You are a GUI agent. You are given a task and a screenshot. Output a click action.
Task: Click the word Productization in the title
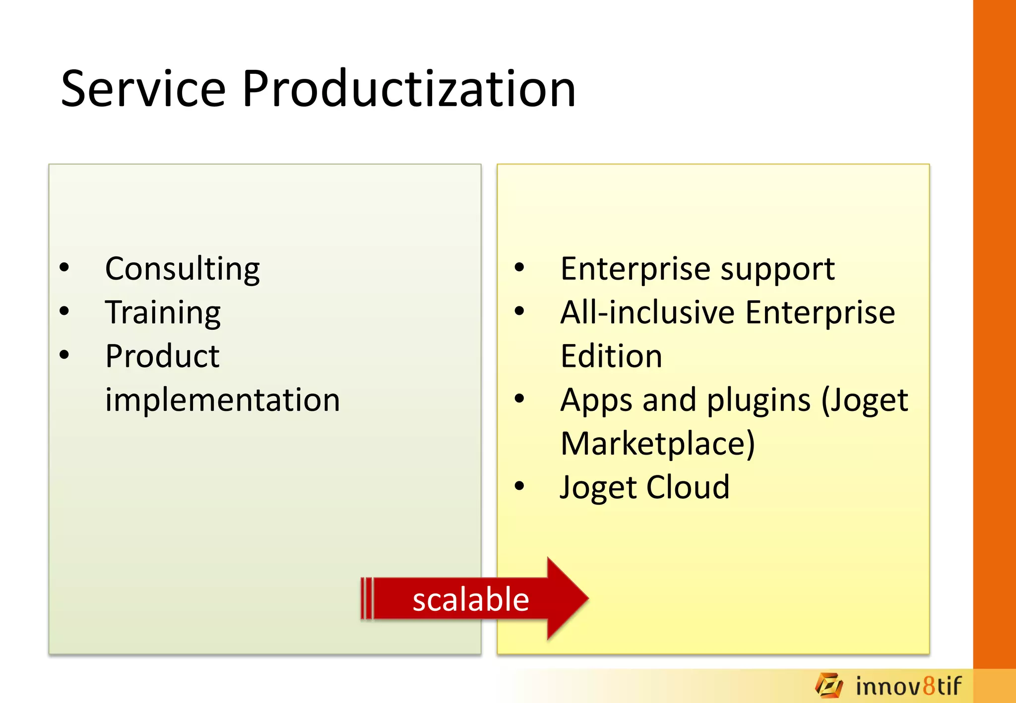tap(408, 89)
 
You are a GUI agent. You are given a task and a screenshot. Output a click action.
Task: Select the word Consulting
tap(182, 269)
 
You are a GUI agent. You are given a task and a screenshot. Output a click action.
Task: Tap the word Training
tap(163, 313)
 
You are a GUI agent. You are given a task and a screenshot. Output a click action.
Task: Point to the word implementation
tap(222, 400)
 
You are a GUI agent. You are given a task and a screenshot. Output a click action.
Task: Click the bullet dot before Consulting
tap(64, 268)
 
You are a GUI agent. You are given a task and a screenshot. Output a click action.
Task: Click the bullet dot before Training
tap(64, 311)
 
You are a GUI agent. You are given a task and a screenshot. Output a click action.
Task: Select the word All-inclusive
tap(647, 313)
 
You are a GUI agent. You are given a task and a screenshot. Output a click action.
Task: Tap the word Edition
tap(611, 356)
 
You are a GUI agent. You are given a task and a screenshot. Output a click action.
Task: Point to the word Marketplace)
tap(657, 444)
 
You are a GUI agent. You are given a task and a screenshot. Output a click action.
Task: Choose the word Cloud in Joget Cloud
tap(688, 487)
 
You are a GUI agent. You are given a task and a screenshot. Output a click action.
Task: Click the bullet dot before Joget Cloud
tap(519, 486)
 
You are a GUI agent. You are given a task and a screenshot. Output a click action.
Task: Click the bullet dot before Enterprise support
tap(519, 268)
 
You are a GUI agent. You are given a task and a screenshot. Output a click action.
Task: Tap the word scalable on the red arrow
tap(470, 599)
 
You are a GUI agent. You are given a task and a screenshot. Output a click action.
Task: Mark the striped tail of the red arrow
tap(367, 598)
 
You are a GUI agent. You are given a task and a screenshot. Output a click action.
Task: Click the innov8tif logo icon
tap(828, 686)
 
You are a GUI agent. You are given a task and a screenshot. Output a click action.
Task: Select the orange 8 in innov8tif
tap(929, 686)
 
